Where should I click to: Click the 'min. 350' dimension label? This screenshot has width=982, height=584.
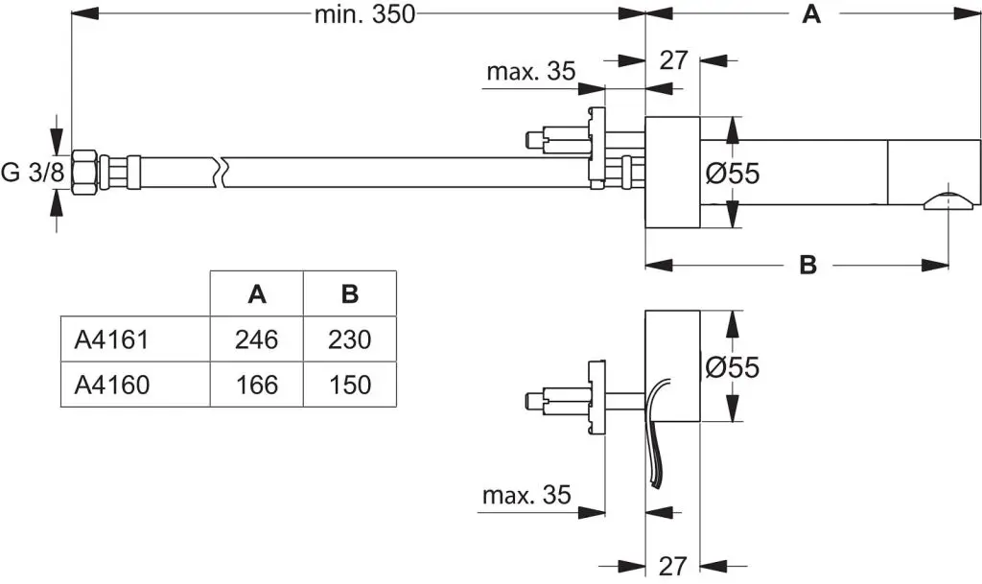pos(364,14)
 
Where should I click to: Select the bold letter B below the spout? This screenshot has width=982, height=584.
pos(808,266)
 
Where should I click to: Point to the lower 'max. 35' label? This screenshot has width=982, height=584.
pos(526,495)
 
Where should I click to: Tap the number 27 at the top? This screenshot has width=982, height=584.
pos(674,59)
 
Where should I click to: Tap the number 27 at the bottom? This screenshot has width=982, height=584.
pos(673,566)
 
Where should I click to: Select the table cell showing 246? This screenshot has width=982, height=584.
pos(256,339)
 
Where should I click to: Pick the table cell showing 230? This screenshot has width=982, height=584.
pos(349,339)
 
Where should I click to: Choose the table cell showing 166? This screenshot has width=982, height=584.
pos(256,385)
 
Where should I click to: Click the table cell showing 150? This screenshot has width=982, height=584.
pos(349,385)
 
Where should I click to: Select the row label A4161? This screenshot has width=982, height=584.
pos(111,339)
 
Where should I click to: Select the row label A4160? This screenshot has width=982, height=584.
pos(111,385)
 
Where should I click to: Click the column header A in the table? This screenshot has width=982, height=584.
pos(256,294)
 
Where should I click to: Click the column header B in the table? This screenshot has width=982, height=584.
pos(349,294)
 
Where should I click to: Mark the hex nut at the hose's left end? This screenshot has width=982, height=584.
pos(83,173)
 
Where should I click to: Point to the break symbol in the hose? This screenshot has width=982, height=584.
pos(223,172)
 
